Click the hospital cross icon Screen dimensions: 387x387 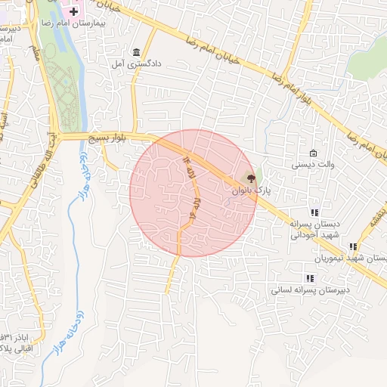[73, 13]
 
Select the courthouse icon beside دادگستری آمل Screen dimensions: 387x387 [136, 52]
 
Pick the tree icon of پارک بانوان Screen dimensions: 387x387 [250, 178]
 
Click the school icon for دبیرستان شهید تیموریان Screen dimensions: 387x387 [352, 246]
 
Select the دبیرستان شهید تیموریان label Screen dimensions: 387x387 [361, 258]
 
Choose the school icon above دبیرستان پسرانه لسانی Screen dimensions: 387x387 [310, 277]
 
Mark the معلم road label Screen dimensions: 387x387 [35, 51]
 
